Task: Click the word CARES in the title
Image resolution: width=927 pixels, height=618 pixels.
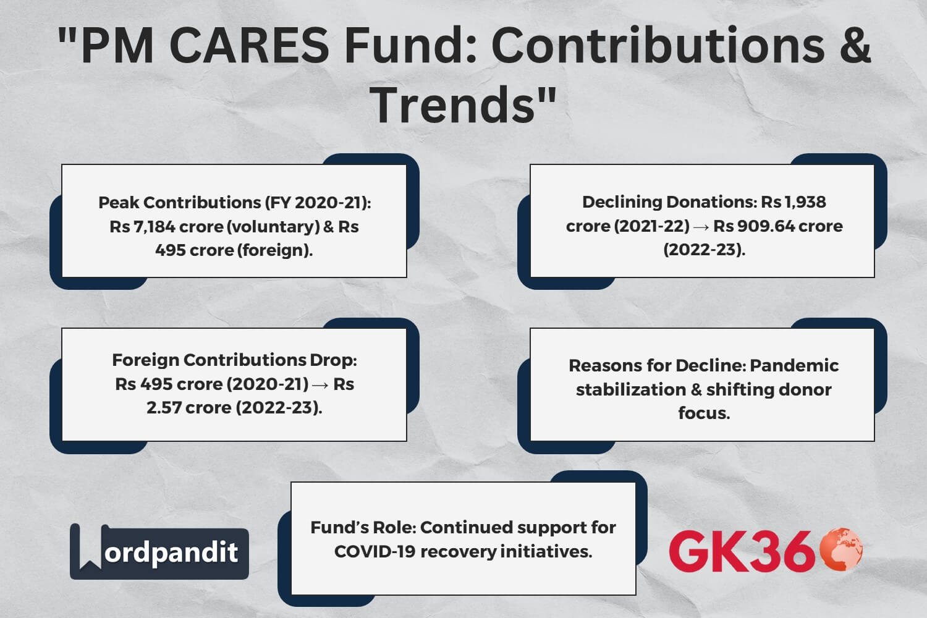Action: tap(248, 46)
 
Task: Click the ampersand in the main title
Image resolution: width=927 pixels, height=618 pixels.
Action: tap(855, 46)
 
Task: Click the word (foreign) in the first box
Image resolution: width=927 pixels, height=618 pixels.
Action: tap(274, 250)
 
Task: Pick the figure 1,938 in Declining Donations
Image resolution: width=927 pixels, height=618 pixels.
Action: tap(805, 202)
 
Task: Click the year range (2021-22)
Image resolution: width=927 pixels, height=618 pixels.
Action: tap(652, 226)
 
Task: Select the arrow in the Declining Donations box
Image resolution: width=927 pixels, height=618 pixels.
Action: tap(701, 227)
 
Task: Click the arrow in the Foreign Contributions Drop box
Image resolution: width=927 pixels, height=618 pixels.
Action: tap(321, 384)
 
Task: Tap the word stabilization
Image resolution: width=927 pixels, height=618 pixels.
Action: tap(630, 389)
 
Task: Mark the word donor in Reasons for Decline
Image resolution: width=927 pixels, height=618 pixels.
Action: tap(802, 389)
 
